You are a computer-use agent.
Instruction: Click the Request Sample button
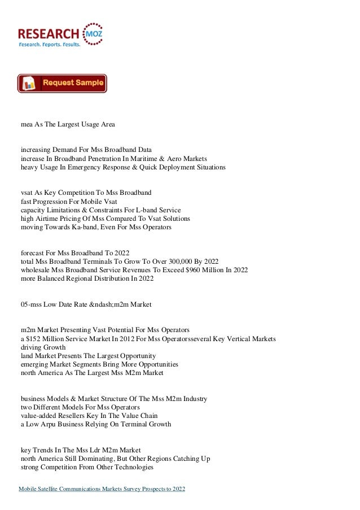tap(62, 84)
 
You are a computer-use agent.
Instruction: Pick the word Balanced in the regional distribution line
tap(55, 279)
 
